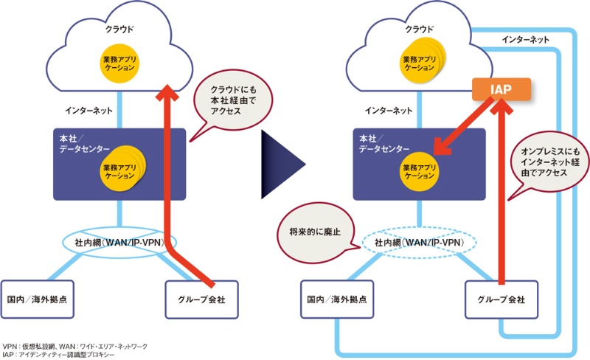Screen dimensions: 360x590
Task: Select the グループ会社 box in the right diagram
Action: (502, 299)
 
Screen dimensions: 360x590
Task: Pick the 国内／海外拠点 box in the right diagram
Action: (339, 299)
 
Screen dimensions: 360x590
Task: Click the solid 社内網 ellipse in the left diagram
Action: (119, 241)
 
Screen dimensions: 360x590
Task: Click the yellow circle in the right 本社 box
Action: (421, 172)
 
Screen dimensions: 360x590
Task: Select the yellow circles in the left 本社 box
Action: (120, 172)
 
